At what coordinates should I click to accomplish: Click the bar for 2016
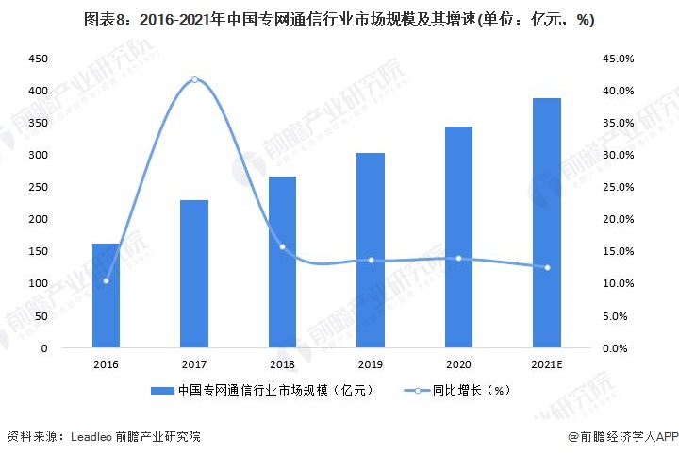tap(106, 296)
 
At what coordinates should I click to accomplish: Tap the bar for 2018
tap(282, 262)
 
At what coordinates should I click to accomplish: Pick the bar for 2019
tap(371, 250)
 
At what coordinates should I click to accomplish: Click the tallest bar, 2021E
tap(547, 223)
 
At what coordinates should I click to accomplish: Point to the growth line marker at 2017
tap(194, 79)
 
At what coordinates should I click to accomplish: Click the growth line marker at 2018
tap(282, 247)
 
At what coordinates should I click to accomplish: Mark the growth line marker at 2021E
tap(547, 267)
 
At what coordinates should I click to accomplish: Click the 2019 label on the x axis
tap(371, 362)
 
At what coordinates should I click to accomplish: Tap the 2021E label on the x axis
tap(547, 362)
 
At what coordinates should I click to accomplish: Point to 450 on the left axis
tap(39, 59)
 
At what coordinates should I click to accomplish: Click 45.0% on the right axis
tap(623, 59)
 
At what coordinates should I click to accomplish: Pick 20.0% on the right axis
tap(623, 219)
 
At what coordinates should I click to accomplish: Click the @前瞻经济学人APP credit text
tap(622, 436)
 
